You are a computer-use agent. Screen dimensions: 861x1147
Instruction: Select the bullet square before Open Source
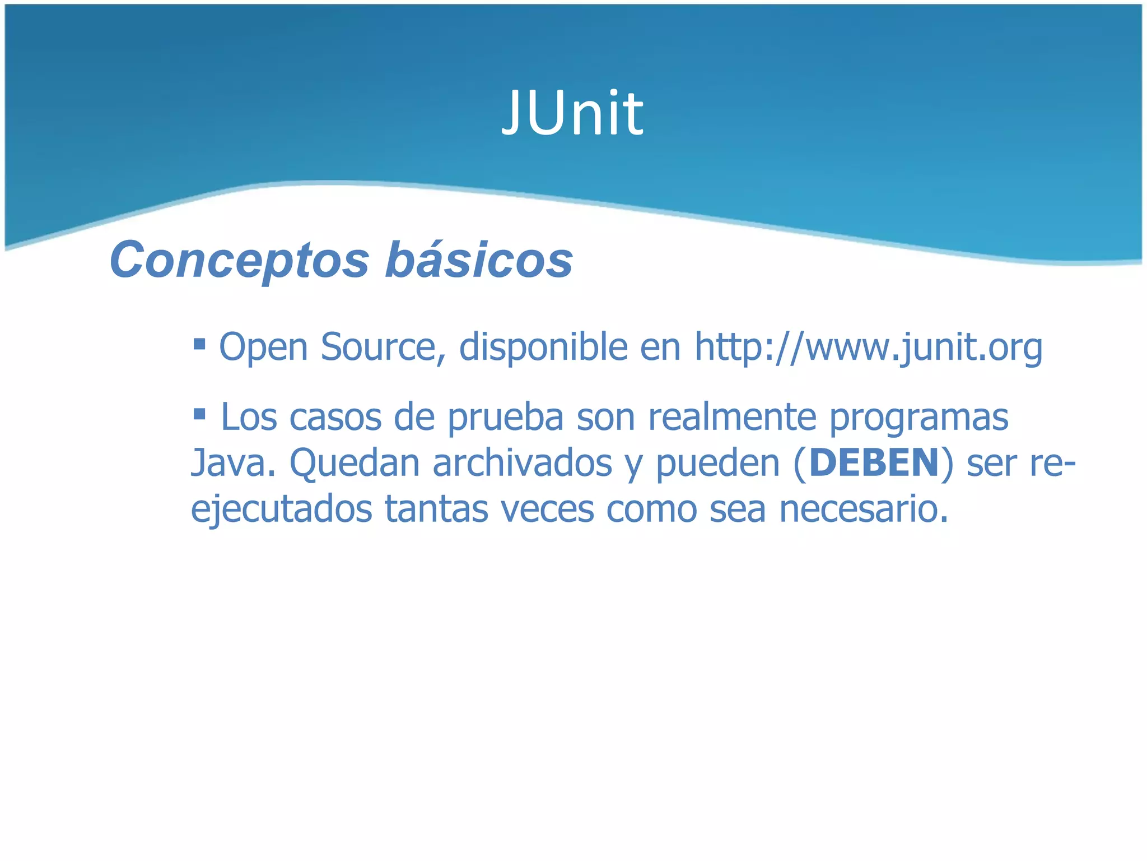coord(199,342)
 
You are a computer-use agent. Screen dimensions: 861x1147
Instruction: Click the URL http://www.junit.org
coord(868,348)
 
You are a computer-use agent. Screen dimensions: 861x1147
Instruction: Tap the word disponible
coord(543,348)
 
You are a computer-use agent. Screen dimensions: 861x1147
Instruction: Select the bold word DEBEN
coord(874,463)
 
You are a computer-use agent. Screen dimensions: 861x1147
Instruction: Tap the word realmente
coord(732,417)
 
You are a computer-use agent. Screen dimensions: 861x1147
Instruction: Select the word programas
coord(918,418)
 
